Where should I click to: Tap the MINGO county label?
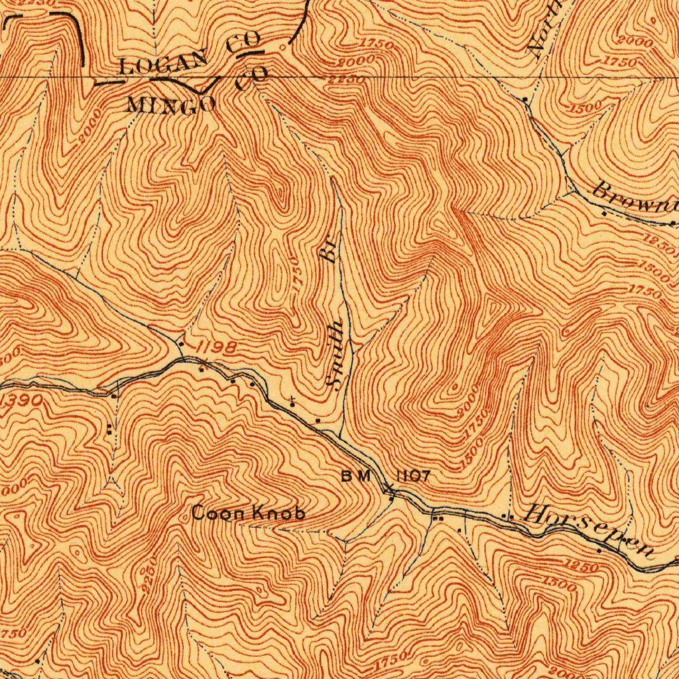pyautogui.click(x=171, y=104)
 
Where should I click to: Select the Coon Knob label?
pyautogui.click(x=249, y=513)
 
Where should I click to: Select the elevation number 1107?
pyautogui.click(x=414, y=475)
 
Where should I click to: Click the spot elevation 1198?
pyautogui.click(x=216, y=347)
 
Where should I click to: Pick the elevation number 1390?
pyautogui.click(x=21, y=401)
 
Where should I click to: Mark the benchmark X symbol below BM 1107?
pyautogui.click(x=390, y=491)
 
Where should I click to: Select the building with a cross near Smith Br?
pyautogui.click(x=292, y=401)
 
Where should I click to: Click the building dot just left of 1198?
pyautogui.click(x=181, y=343)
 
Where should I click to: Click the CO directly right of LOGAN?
pyautogui.click(x=243, y=44)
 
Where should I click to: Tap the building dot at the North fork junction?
pyautogui.click(x=525, y=99)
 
